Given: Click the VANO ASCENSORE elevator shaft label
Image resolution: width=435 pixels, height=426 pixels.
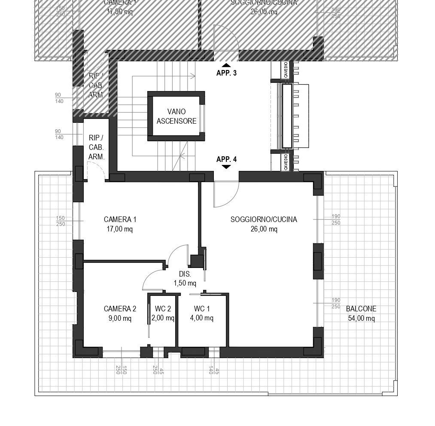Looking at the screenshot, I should point(176,116).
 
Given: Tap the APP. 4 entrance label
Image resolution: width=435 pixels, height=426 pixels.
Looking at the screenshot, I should point(226,159).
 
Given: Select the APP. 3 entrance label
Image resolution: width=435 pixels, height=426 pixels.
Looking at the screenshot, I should point(226,73).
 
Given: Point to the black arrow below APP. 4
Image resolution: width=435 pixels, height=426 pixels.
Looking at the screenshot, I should point(226,167).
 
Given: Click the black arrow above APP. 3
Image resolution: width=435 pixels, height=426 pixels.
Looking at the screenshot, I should point(226,65).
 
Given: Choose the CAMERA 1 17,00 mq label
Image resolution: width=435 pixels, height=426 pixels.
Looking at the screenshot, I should point(120,224).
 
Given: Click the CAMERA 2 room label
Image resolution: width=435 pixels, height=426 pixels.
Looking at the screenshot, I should point(120,313).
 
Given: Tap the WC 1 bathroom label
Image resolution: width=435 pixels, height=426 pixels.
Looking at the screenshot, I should point(202,313).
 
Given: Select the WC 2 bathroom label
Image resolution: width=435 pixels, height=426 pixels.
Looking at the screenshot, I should point(163,313).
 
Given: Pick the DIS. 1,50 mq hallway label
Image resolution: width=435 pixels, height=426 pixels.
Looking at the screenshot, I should point(185,279).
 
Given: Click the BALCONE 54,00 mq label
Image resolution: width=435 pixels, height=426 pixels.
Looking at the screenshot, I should point(361,313).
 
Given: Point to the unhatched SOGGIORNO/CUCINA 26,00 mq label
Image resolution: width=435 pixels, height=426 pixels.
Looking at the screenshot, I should point(264,224).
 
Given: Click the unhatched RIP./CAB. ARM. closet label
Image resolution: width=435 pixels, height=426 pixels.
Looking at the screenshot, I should point(96,147).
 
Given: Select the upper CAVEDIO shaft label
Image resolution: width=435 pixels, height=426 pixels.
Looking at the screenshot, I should point(286,70).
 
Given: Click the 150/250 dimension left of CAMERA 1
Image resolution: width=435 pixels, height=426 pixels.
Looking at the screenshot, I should point(60,221).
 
